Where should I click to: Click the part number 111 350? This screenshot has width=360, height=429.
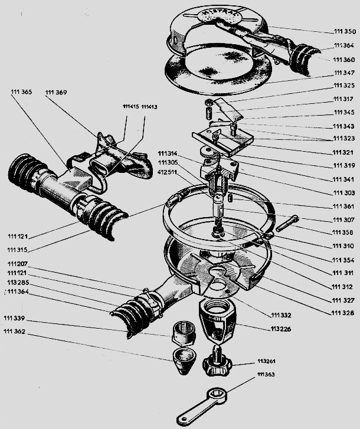click(345, 31)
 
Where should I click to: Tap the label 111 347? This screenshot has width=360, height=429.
click(345, 73)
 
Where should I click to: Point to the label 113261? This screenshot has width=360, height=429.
click(267, 361)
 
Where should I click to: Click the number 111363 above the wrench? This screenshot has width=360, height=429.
click(267, 374)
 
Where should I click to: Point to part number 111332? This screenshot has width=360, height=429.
click(282, 315)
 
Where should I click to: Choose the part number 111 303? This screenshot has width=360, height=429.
click(343, 193)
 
